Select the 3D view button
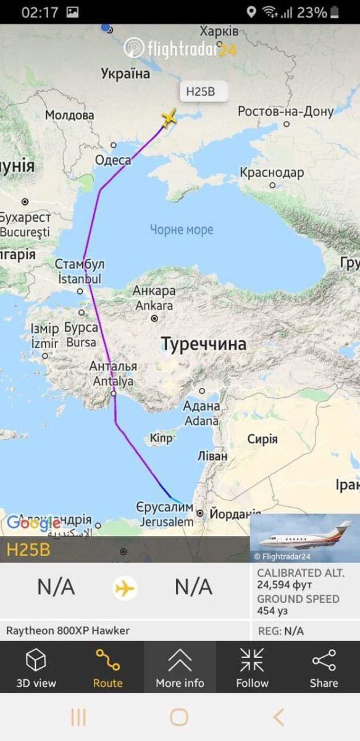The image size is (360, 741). tap(36, 668)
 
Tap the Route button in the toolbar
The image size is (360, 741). tap(107, 668)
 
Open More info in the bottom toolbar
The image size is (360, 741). tap(180, 668)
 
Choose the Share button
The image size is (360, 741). tap(324, 668)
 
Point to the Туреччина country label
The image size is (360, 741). tap(204, 344)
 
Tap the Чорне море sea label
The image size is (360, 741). tap(182, 230)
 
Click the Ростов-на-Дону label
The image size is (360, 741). tap(285, 112)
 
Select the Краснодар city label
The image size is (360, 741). tap(272, 173)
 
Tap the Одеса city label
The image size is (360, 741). tap(113, 160)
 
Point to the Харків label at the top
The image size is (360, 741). tap(219, 31)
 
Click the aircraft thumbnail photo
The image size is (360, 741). tap(304, 538)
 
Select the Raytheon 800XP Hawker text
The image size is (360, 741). tap(68, 631)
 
